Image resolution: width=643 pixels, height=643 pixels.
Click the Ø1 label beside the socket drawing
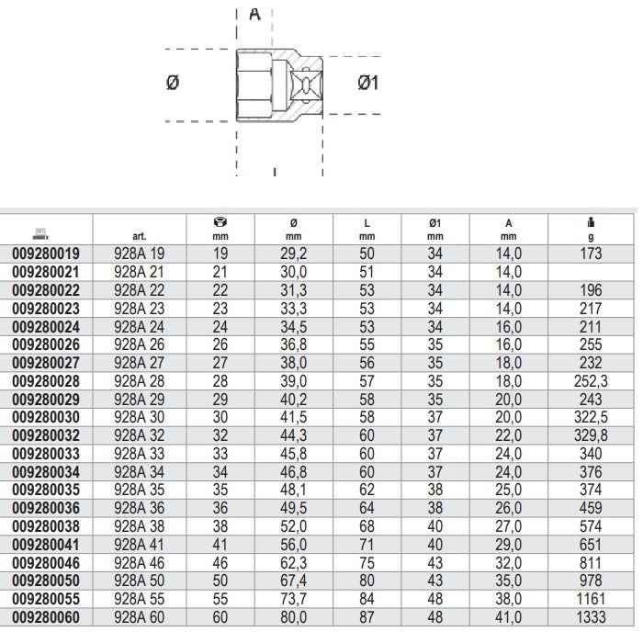[367, 83]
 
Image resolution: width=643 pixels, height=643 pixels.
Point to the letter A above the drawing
[254, 15]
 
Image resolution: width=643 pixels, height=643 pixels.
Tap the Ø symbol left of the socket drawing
[173, 83]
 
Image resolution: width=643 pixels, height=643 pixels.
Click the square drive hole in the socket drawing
[306, 85]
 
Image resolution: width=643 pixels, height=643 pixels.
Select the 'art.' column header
[140, 236]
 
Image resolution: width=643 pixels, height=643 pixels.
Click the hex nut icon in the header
[220, 222]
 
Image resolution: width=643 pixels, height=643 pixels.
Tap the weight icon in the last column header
[591, 222]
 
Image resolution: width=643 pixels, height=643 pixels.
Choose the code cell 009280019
[46, 254]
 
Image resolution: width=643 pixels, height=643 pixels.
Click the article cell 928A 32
[139, 435]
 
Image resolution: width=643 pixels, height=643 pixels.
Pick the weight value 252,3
[591, 381]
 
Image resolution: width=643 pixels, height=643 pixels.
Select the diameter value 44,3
[294, 435]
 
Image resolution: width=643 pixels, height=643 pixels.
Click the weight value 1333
[591, 617]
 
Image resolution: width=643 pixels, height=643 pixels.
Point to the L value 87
[367, 617]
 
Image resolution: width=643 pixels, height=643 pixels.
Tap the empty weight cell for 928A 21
[591, 272]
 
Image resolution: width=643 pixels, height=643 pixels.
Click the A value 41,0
[509, 617]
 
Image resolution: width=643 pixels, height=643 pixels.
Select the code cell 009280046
[46, 563]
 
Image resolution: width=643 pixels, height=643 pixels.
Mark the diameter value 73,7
[294, 599]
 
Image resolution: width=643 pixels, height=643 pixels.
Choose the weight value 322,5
[591, 417]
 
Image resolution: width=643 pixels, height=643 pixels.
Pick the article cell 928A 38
[139, 526]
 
